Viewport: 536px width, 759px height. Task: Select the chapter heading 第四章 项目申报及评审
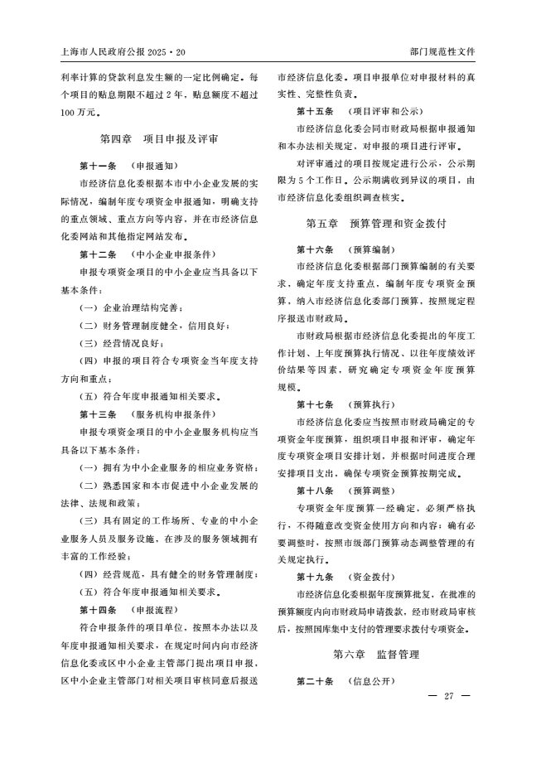tap(159, 138)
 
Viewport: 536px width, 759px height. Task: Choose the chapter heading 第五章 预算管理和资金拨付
tap(376, 224)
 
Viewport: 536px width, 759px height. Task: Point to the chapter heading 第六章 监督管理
tap(376, 655)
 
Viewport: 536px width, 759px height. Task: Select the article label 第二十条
tap(315, 681)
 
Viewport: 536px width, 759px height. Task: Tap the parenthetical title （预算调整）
tap(372, 491)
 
